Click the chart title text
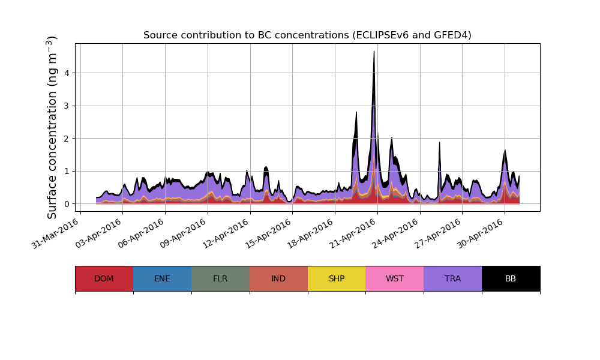307,35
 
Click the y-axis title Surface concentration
52,127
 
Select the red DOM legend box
104,278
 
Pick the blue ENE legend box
162,278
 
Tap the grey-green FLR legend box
220,278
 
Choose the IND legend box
278,278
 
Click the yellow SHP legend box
337,278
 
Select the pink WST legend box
394,278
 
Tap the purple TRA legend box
452,278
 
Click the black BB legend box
511,278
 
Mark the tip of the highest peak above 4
374,51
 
